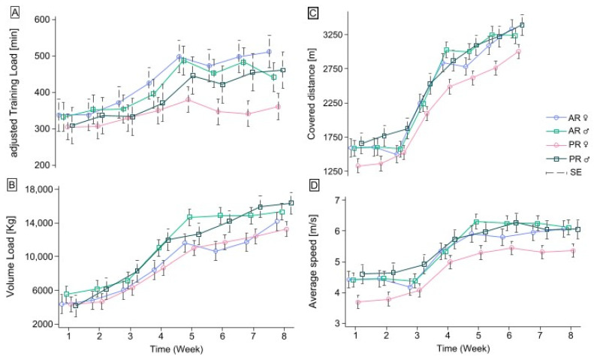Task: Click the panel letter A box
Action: point(15,14)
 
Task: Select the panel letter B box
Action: point(12,185)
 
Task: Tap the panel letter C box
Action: point(313,14)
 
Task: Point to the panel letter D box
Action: point(315,186)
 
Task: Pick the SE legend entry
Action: point(564,173)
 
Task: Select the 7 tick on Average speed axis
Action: point(340,200)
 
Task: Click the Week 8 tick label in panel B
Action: point(283,337)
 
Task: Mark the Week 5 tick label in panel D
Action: point(478,336)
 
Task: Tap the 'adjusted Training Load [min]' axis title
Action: point(14,93)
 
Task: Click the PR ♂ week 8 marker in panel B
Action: point(291,203)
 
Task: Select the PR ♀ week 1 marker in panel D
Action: point(358,302)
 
